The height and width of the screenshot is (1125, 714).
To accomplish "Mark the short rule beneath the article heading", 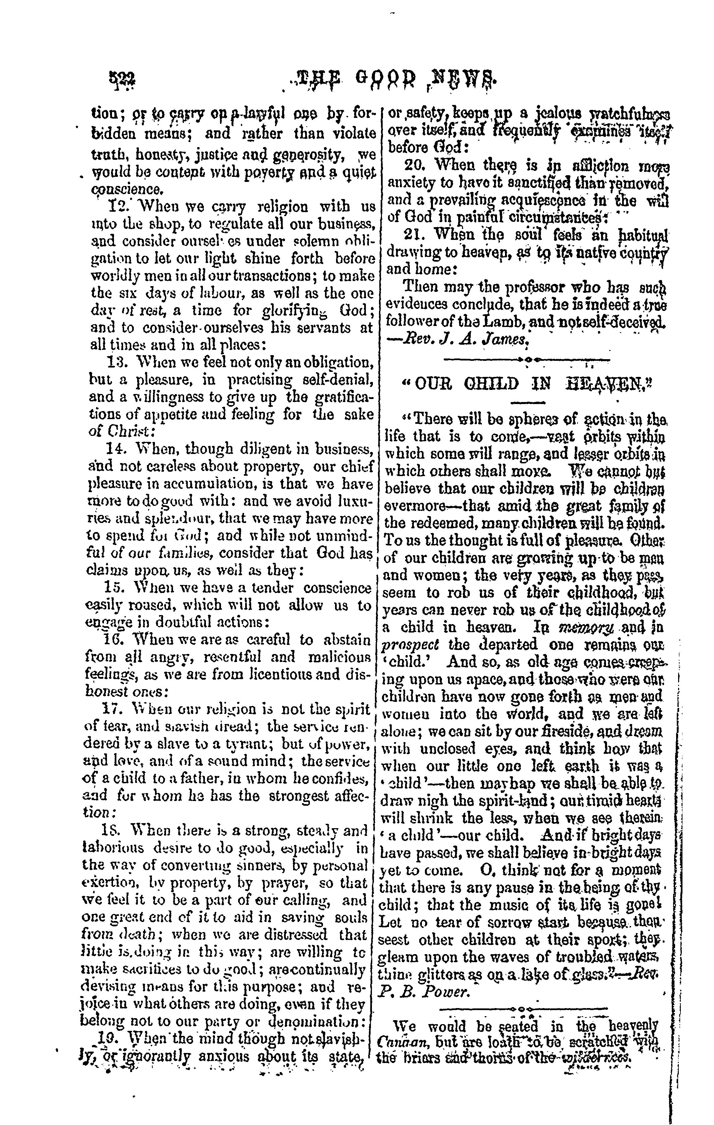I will [528, 403].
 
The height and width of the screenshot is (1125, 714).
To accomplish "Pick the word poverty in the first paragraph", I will [260, 172].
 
